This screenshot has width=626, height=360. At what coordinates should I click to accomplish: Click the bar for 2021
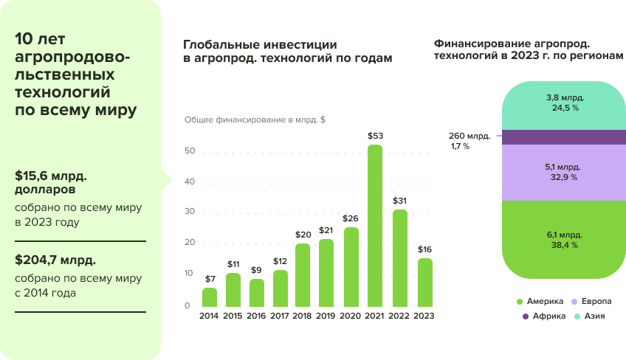pyautogui.click(x=375, y=225)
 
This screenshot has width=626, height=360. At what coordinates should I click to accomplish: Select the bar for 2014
pyautogui.click(x=210, y=297)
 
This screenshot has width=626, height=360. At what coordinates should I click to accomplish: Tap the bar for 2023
pyautogui.click(x=424, y=283)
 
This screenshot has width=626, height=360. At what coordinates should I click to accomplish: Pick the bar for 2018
pyautogui.click(x=303, y=275)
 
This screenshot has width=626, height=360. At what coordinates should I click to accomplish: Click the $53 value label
pyautogui.click(x=375, y=136)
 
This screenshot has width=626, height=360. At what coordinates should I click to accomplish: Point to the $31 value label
pyautogui.click(x=399, y=201)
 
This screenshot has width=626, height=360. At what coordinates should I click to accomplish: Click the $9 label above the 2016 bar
pyautogui.click(x=256, y=270)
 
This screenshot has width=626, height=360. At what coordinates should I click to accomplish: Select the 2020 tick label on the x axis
pyautogui.click(x=351, y=316)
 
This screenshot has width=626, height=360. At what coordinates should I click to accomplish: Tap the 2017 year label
pyautogui.click(x=280, y=316)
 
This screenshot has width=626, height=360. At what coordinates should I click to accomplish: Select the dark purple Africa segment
pyautogui.click(x=563, y=137)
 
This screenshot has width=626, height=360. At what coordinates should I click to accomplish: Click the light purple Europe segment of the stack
pyautogui.click(x=563, y=173)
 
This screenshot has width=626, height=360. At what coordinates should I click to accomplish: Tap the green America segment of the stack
pyautogui.click(x=563, y=240)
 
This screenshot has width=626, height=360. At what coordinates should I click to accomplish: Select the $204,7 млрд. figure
pyautogui.click(x=55, y=260)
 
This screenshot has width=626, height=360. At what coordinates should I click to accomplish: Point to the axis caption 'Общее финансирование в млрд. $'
pyautogui.click(x=255, y=120)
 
